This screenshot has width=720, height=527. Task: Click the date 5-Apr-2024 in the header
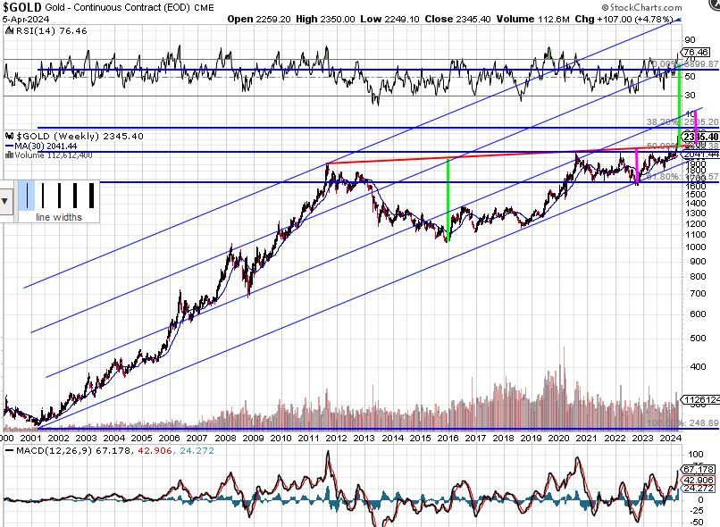pos(26,18)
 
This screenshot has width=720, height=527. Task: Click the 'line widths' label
pos(58,217)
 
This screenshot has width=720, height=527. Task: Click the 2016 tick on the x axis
pos(448,437)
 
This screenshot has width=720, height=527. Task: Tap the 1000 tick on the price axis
pos(696,246)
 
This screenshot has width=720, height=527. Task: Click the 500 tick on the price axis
pos(696,338)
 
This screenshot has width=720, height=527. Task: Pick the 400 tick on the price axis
pos(696,366)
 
